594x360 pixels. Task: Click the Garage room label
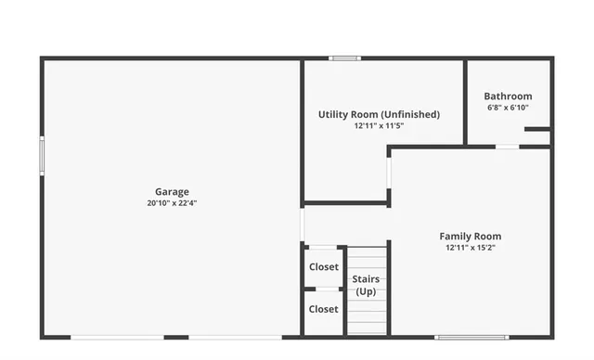pos(172,191)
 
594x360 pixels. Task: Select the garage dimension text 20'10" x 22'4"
pos(172,202)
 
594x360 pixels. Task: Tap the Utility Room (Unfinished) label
pos(379,114)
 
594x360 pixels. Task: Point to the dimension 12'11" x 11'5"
pos(379,125)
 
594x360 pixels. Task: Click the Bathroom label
pos(508,96)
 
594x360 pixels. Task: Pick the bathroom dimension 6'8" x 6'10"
pos(508,107)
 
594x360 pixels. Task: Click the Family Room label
pos(470,236)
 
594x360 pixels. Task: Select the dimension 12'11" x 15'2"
pos(470,247)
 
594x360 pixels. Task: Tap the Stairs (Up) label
pos(365,278)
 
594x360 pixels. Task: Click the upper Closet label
pos(323,266)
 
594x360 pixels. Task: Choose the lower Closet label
pos(323,309)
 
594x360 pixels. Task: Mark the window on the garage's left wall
pos(42,155)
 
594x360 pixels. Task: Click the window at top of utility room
pos(345,59)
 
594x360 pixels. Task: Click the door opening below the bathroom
pos(507,146)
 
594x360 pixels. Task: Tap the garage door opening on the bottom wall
pos(118,336)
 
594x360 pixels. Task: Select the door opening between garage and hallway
pos(303,225)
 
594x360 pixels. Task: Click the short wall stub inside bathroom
pos(536,129)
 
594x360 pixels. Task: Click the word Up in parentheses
pos(365,291)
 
